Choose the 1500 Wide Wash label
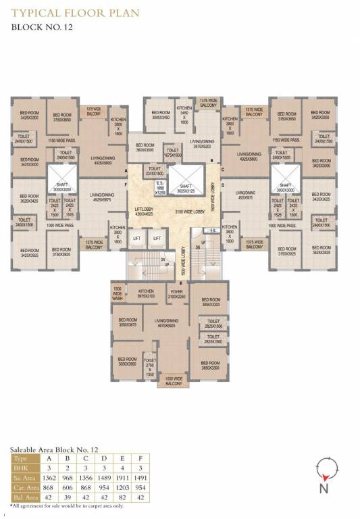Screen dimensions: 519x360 tap(118, 294)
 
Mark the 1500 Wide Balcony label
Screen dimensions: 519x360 tap(174, 381)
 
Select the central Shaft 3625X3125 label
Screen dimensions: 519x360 tap(185, 189)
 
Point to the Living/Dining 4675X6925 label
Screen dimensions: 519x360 tap(165, 322)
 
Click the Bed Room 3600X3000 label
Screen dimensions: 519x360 tap(146, 147)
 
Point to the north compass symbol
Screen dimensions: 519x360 tap(326, 468)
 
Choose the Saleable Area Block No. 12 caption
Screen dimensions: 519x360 tap(54, 449)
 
